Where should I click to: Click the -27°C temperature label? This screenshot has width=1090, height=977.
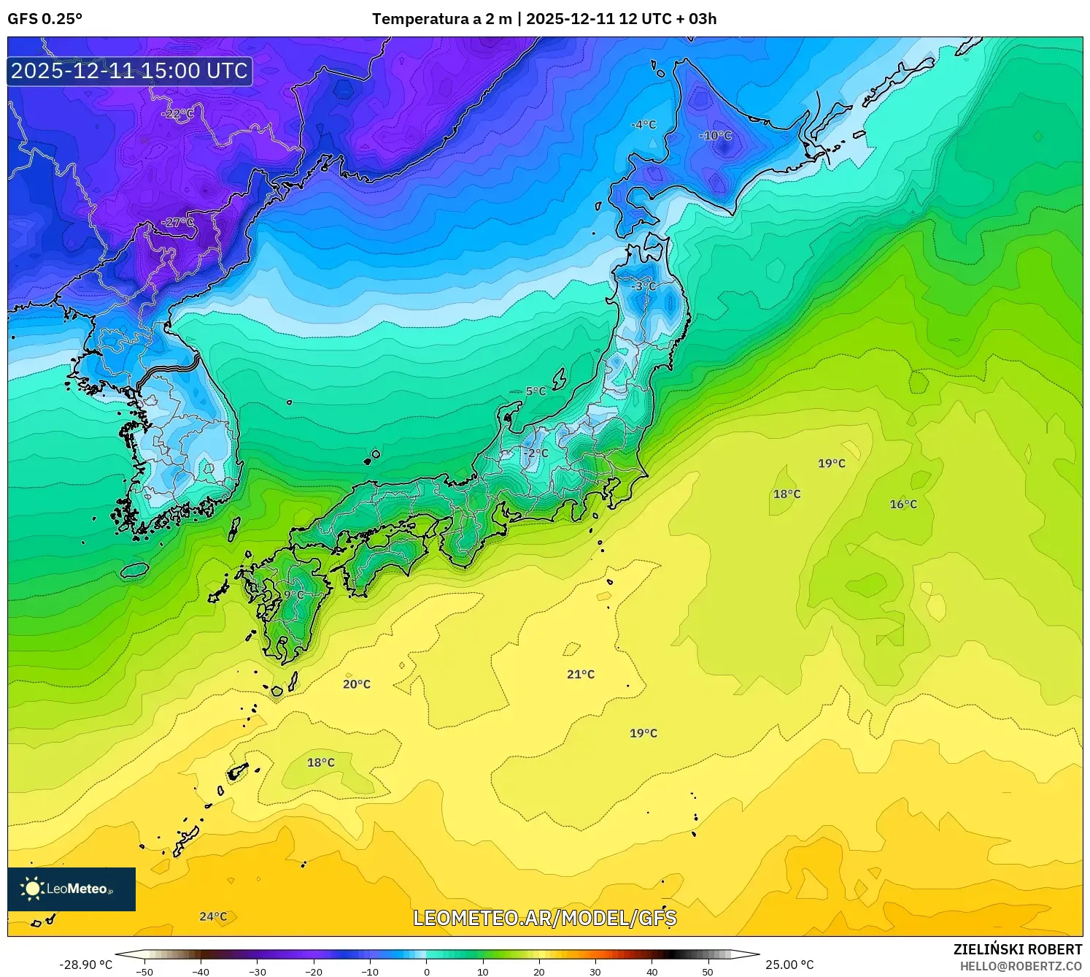click(178, 223)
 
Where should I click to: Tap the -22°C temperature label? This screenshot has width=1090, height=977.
click(178, 114)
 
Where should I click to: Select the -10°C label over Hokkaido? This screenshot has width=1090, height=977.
click(715, 136)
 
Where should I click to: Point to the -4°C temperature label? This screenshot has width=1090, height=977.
click(643, 125)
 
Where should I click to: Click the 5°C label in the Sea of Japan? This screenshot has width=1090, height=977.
click(536, 391)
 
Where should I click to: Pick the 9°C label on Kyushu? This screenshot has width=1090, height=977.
click(293, 595)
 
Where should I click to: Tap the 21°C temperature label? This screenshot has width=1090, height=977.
click(581, 674)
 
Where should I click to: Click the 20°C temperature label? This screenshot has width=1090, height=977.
click(357, 684)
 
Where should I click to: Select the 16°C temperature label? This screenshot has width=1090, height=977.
click(903, 505)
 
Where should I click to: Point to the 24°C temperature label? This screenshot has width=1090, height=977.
click(213, 916)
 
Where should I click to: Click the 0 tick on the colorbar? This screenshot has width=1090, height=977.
click(427, 971)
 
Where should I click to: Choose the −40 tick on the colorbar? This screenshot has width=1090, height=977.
click(201, 971)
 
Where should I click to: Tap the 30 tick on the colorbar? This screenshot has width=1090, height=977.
click(595, 971)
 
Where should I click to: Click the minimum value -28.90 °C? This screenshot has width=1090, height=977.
click(86, 965)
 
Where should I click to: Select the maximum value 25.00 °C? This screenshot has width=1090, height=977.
click(789, 965)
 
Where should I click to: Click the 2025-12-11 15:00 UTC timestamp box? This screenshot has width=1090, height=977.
click(130, 71)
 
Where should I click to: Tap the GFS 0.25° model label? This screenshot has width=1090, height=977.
click(45, 19)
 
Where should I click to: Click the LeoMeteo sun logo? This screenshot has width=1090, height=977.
click(32, 889)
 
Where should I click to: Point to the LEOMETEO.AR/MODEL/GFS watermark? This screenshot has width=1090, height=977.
click(545, 918)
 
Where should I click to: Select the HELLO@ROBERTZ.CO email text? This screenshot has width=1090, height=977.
click(1021, 966)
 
